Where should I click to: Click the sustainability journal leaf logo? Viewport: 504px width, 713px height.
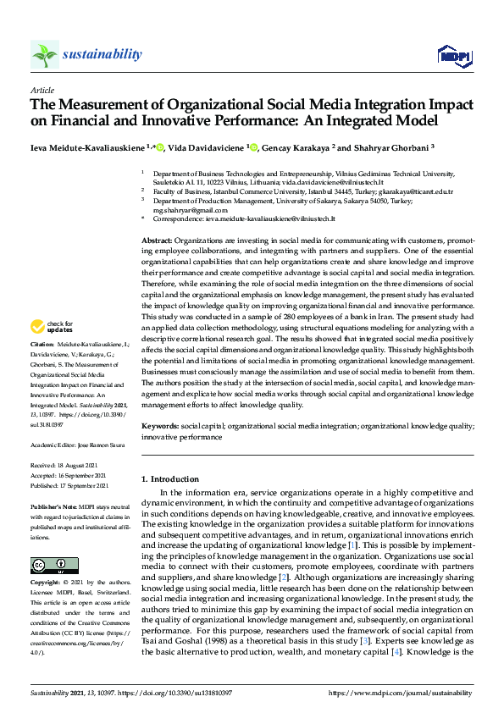coord(45,55)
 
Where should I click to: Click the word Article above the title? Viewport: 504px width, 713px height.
coord(42,90)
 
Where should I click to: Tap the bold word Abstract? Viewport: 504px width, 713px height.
coord(158,240)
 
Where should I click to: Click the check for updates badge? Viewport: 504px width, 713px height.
coord(51,327)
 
